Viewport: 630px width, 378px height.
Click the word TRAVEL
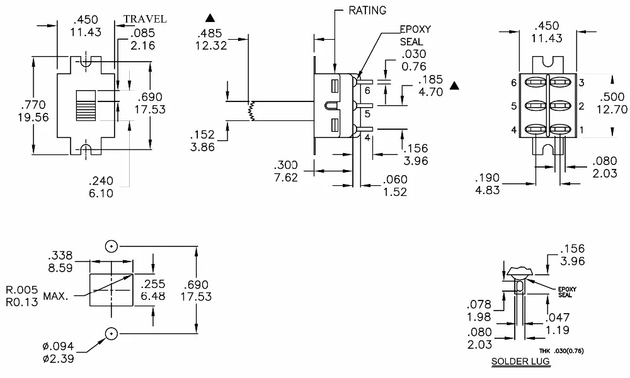145,19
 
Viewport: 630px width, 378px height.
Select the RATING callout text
367,10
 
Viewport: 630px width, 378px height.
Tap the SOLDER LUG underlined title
520,362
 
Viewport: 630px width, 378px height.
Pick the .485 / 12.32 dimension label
211,39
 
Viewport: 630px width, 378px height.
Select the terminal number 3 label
581,83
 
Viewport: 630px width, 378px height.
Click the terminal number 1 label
581,130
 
